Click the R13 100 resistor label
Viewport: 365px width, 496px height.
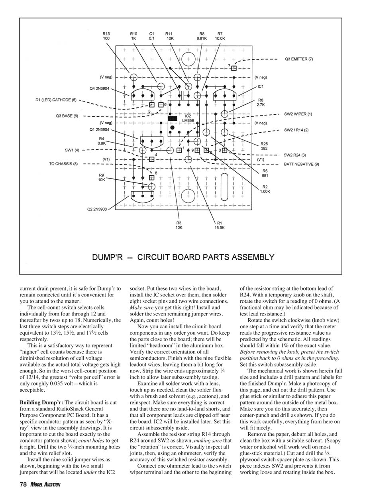[x=106, y=36]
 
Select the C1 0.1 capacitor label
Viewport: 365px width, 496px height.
[x=151, y=36]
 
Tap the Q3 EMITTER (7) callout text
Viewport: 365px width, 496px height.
[x=299, y=59]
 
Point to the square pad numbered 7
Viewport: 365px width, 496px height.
[x=234, y=68]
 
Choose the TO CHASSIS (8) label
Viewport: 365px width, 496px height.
[x=63, y=164]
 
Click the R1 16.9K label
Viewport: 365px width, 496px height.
[x=220, y=225]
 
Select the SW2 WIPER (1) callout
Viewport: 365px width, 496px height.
[x=298, y=114]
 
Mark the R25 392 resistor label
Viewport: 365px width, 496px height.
[x=265, y=146]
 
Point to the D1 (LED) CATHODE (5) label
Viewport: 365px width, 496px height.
[x=55, y=100]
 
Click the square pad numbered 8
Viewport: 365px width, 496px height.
[x=151, y=178]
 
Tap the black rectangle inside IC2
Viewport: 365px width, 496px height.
[x=172, y=119]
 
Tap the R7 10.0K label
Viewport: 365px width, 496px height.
[x=220, y=36]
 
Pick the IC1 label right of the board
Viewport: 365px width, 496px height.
[x=261, y=86]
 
